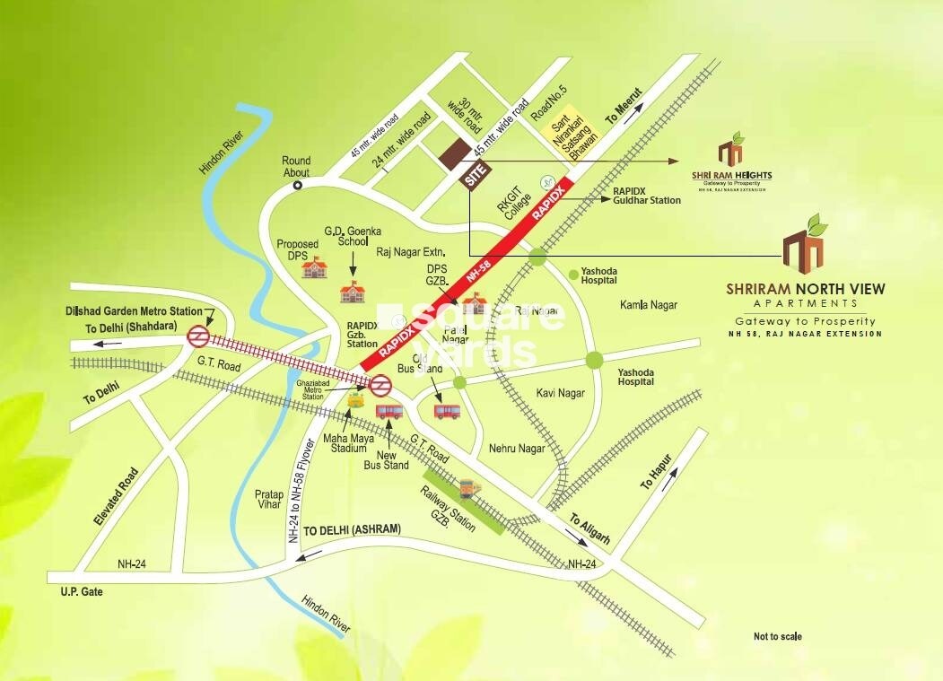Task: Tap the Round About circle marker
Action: pyautogui.click(x=297, y=186)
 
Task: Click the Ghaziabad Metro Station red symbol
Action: pyautogui.click(x=380, y=385)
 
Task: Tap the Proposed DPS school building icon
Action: pyautogui.click(x=313, y=266)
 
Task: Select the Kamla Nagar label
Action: pyautogui.click(x=648, y=306)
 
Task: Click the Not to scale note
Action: pyautogui.click(x=778, y=637)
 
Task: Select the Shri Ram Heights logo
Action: pyautogui.click(x=731, y=162)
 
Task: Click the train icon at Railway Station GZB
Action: pyautogui.click(x=467, y=489)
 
